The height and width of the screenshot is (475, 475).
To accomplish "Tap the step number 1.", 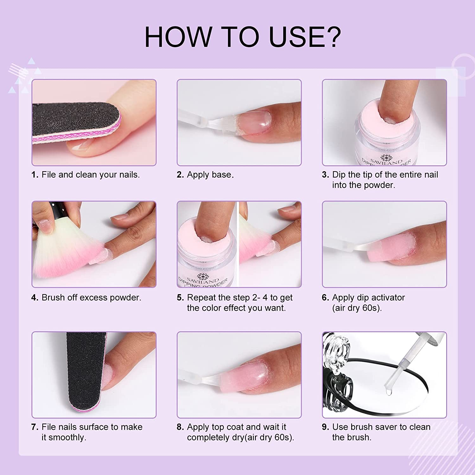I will pyautogui.click(x=35, y=175).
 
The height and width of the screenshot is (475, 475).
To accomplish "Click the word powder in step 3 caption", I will pyautogui.click(x=381, y=185).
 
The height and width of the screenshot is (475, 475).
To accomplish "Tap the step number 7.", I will pyautogui.click(x=35, y=427).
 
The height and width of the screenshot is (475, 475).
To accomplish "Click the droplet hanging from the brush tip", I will pyautogui.click(x=388, y=391).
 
